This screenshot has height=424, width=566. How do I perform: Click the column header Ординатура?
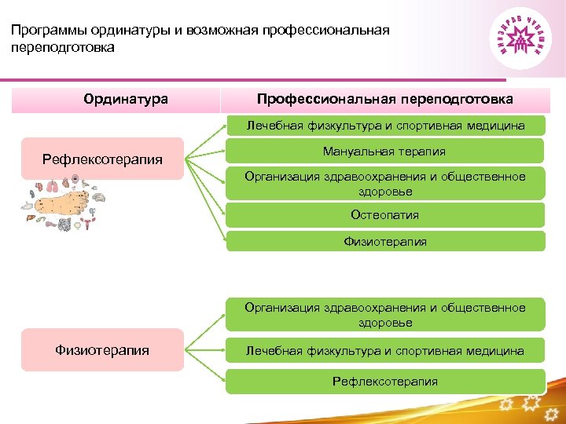126,100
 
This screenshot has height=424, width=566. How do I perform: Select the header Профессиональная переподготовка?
385,100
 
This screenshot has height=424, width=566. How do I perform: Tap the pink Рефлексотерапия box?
102,159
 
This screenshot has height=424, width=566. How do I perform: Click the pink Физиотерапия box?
102,350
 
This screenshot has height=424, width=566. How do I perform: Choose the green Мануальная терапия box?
385,152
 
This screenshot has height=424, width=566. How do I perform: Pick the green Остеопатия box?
385,214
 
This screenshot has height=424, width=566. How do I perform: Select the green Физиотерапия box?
385,241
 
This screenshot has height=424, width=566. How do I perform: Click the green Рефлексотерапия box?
385,382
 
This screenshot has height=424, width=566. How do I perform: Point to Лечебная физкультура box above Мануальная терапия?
385,125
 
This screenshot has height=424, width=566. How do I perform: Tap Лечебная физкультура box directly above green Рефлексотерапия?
385,350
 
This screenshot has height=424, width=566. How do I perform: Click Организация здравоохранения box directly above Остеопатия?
385,184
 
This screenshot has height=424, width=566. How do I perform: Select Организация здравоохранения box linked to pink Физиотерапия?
385,315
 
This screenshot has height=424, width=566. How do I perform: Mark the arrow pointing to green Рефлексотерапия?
206,369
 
